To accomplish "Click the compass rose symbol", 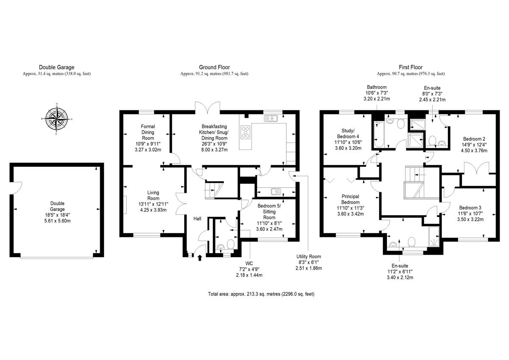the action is [x=56, y=119].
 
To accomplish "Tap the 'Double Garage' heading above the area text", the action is [x=56, y=67].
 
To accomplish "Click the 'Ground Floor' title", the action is [x=214, y=67].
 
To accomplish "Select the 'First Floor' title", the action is [x=411, y=67].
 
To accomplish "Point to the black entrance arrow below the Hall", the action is [x=200, y=258].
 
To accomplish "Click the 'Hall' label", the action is [x=197, y=219].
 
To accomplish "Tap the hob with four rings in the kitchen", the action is [x=246, y=132].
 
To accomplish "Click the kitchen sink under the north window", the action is [x=271, y=118].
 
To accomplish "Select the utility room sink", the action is [x=276, y=191].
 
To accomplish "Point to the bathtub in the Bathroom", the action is [x=378, y=135].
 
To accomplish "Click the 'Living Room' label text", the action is [x=153, y=195].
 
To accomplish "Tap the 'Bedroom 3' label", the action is [x=470, y=208].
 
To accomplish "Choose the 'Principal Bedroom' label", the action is [x=350, y=199].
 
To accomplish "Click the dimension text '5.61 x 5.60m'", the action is [x=57, y=221].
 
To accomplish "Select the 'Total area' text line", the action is [x=261, y=294].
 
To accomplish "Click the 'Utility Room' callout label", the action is [x=309, y=256].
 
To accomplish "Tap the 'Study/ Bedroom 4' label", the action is [x=348, y=133].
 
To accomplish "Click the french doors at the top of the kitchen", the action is [x=207, y=107].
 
